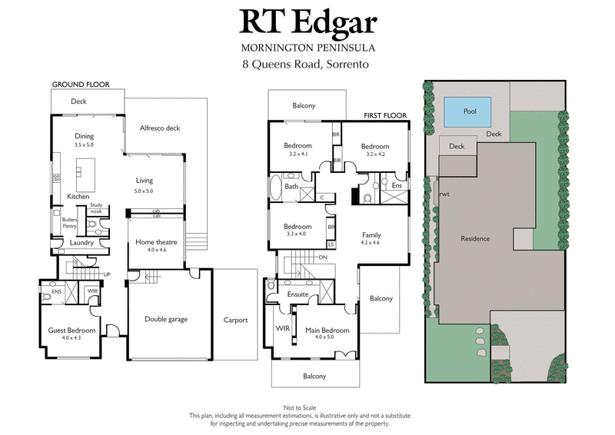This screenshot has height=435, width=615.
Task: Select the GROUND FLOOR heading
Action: tap(81, 84)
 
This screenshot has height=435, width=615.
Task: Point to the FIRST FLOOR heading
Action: tap(385, 115)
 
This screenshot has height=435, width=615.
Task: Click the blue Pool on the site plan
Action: tap(470, 111)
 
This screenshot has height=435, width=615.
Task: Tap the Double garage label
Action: tap(166, 319)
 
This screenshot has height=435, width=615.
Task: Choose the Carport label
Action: tap(235, 320)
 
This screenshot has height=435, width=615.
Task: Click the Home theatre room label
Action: tap(156, 242)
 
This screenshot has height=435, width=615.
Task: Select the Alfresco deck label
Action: tap(160, 128)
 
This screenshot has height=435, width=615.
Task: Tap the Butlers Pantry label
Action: tap(70, 223)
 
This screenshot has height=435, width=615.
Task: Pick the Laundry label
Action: tap(81, 244)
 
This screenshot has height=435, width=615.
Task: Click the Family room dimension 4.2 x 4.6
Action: tap(371, 243)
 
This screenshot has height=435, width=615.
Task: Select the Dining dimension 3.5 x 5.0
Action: tap(84, 144)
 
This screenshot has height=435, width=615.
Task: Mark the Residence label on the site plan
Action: tap(475, 238)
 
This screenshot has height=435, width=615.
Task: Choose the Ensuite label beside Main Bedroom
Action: tap(298, 294)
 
